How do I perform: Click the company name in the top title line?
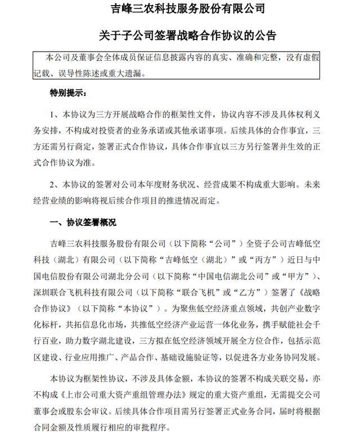click(x=180, y=9)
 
